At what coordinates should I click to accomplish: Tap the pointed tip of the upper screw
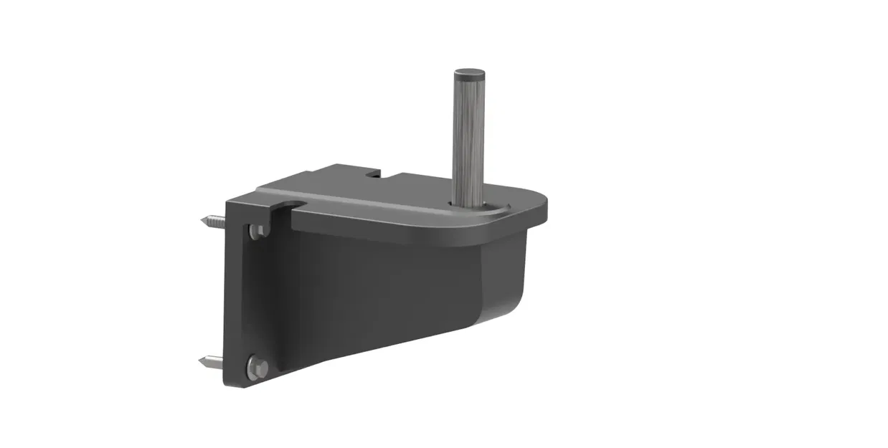click(x=203, y=219)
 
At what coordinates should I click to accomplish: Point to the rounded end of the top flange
click(x=538, y=204)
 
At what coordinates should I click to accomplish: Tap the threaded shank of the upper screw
click(x=215, y=222)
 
